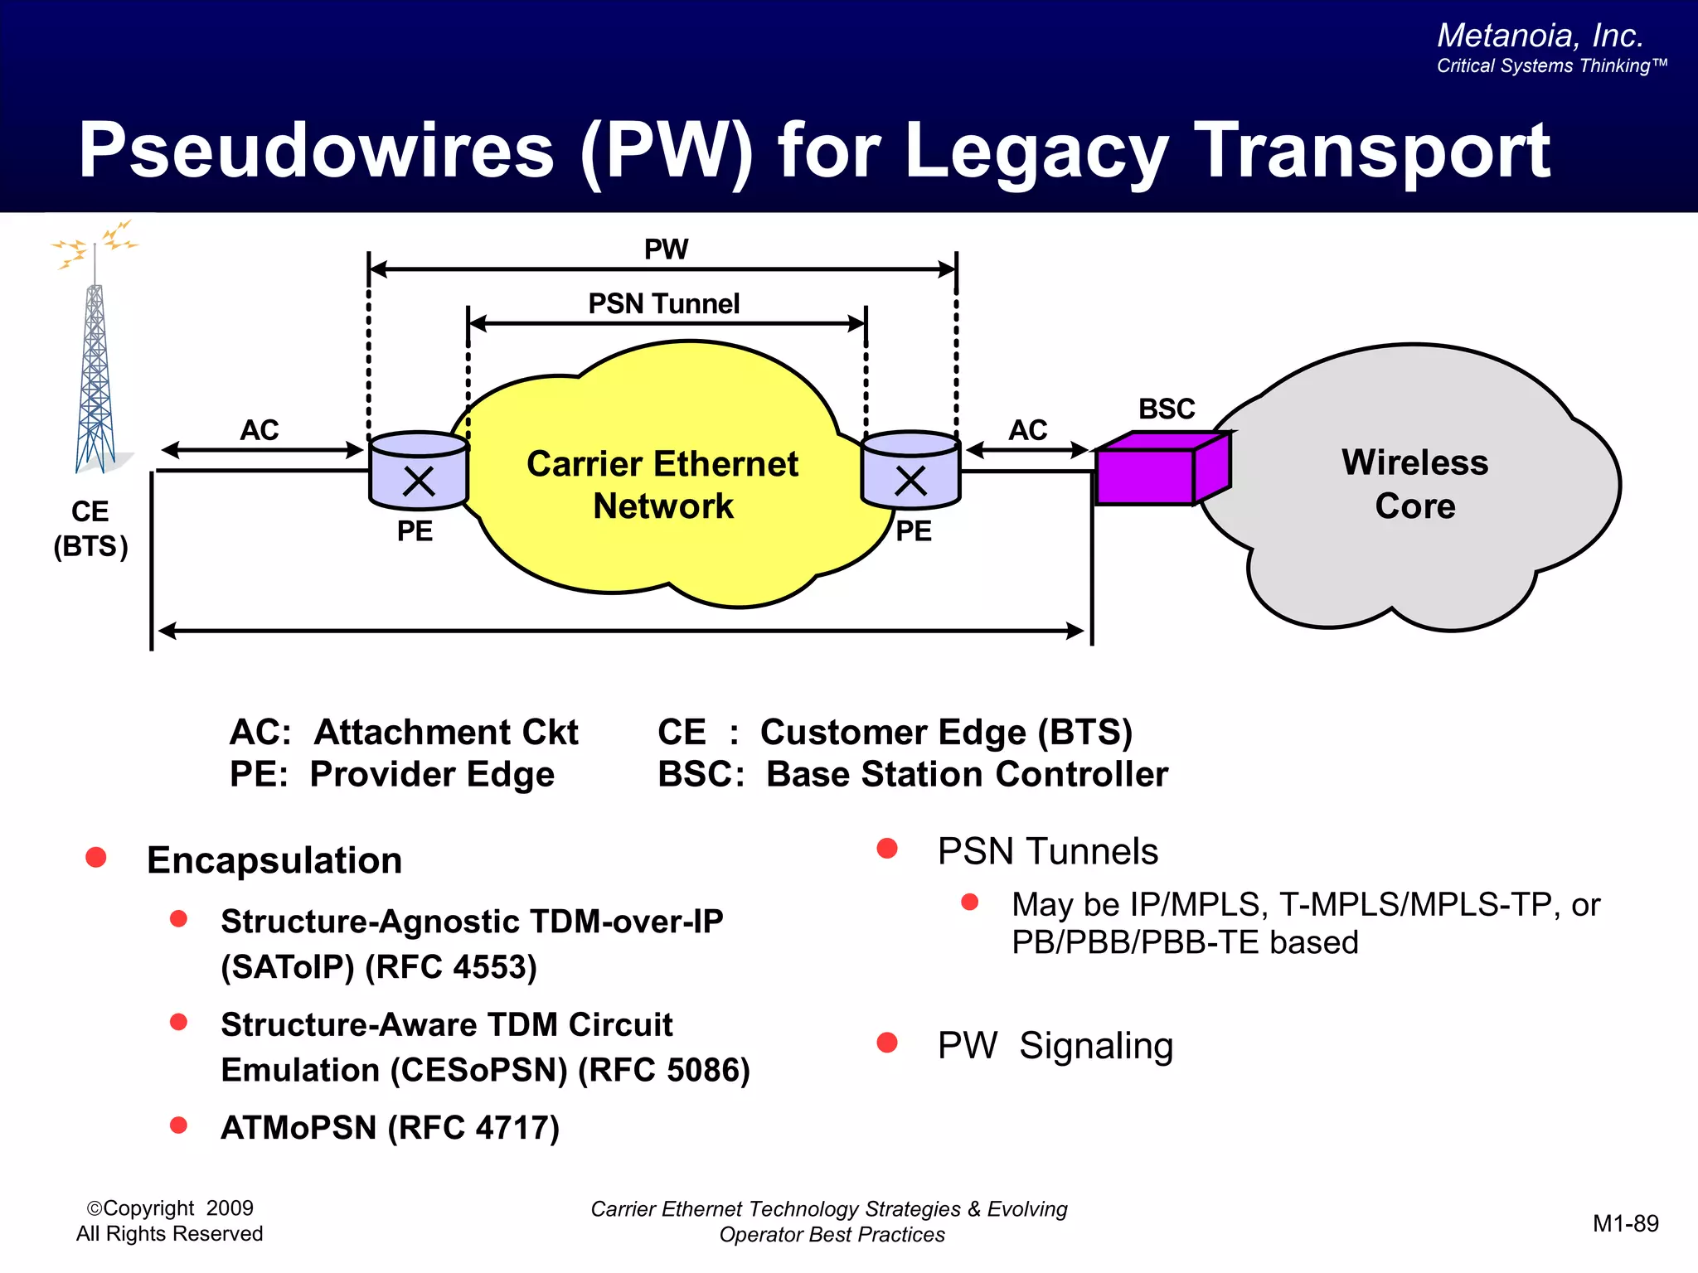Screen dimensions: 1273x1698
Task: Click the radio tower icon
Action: (95, 373)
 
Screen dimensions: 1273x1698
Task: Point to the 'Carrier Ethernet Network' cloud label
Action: (662, 485)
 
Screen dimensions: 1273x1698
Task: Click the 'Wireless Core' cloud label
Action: (1414, 484)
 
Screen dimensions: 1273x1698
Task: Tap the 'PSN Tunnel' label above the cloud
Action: (663, 304)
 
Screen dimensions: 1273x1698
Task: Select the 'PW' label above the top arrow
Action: (666, 249)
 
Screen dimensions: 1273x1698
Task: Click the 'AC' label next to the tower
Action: (260, 430)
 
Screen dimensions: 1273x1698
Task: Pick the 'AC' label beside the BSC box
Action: (1027, 430)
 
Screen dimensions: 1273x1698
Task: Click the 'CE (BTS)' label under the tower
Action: (90, 529)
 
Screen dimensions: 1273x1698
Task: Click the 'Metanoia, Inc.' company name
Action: (1540, 36)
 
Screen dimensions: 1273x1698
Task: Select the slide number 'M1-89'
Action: (1625, 1223)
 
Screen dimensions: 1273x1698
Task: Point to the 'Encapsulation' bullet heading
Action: (274, 860)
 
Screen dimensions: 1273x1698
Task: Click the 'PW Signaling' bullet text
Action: (1055, 1046)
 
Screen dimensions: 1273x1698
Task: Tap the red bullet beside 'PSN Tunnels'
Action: (887, 848)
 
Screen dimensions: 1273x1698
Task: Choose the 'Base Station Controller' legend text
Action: (967, 774)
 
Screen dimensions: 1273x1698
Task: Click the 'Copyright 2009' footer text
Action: (170, 1208)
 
